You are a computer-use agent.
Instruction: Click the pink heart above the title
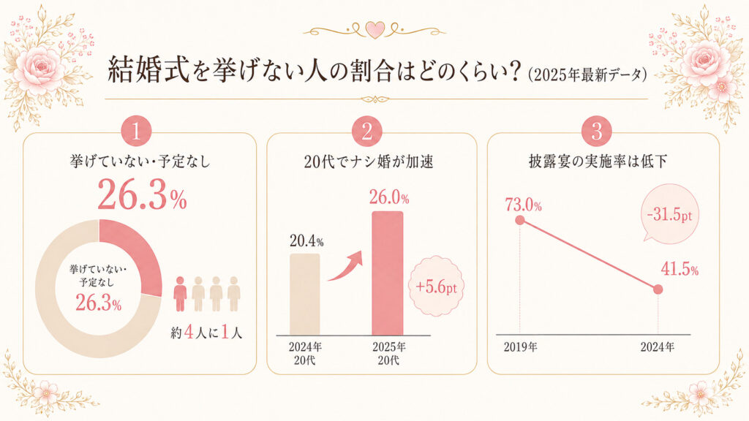(x=375, y=30)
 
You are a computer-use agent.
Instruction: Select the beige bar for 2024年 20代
(x=305, y=294)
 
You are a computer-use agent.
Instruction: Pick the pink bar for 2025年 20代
(x=388, y=273)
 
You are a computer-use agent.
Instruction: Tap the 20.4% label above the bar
(x=306, y=241)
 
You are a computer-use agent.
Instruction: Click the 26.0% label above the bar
(x=389, y=197)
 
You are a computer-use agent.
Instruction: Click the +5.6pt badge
(x=436, y=287)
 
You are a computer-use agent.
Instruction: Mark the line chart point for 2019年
(x=520, y=220)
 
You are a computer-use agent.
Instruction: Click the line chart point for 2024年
(x=658, y=289)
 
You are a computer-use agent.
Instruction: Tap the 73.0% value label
(x=524, y=205)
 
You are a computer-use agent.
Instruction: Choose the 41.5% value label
(x=680, y=270)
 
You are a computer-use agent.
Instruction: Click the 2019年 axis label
(x=520, y=346)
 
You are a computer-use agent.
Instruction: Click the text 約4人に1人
(x=206, y=333)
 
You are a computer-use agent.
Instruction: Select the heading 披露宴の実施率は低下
(x=598, y=162)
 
